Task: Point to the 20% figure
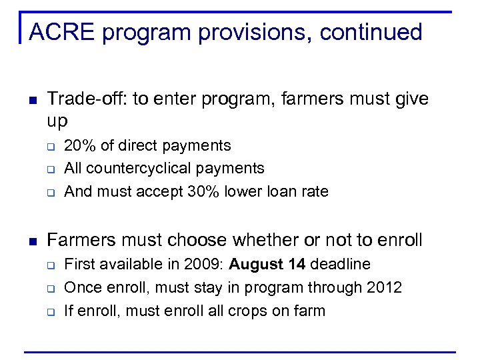pos(79,145)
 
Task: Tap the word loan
pos(282,191)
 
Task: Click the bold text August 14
pos(267,264)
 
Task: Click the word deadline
pos(340,264)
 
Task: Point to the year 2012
pos(383,287)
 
